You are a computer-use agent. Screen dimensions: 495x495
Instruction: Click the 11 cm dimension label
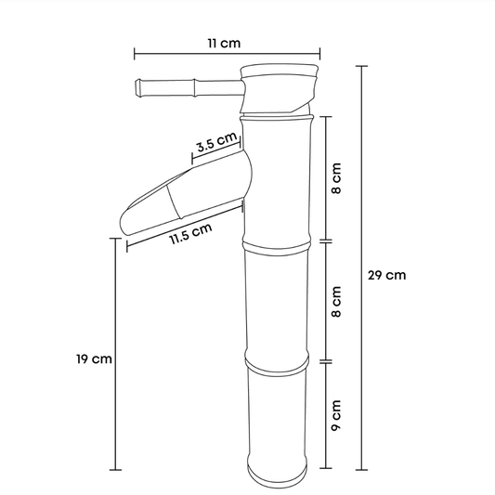click(x=224, y=44)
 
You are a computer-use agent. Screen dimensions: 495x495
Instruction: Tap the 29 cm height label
click(x=386, y=275)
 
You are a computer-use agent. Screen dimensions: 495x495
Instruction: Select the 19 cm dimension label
click(x=94, y=358)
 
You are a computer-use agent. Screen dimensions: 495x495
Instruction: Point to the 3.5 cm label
click(x=216, y=142)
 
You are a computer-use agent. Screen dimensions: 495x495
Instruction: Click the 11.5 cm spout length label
click(x=191, y=234)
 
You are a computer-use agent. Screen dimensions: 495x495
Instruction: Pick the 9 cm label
click(x=336, y=415)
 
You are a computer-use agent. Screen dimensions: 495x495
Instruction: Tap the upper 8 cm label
click(x=336, y=178)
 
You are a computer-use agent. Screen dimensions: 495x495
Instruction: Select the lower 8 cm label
click(x=336, y=302)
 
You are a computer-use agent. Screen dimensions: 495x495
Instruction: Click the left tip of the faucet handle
click(x=137, y=87)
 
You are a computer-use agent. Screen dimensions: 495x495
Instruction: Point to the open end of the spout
click(x=124, y=225)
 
